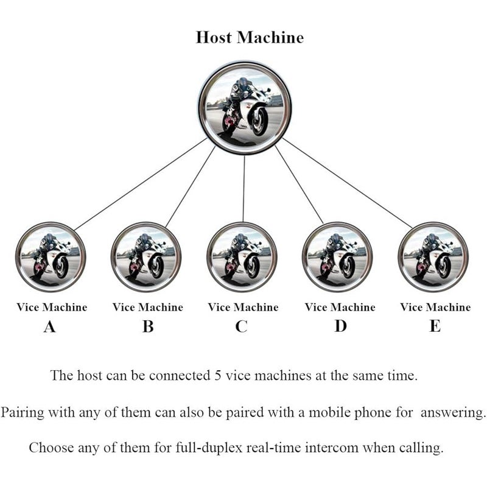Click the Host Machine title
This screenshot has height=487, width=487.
click(250, 37)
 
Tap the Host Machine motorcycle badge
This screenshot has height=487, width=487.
click(245, 109)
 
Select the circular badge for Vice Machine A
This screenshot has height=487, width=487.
click(51, 257)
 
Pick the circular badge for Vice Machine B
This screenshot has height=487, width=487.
click(146, 257)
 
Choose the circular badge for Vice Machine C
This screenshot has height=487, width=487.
click(242, 257)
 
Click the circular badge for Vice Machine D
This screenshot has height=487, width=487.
click(337, 257)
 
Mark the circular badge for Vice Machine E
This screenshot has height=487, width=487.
click(433, 257)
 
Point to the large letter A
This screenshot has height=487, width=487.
click(50, 326)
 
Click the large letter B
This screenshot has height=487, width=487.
click(148, 326)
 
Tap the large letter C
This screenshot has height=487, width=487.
click(241, 326)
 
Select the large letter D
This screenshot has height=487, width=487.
click(340, 326)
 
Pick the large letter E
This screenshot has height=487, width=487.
click(435, 326)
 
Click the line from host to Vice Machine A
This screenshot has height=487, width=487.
click(141, 184)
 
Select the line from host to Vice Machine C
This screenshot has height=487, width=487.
click(244, 189)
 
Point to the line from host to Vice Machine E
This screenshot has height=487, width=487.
click(347, 183)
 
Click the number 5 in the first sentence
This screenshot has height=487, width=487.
click(218, 376)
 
